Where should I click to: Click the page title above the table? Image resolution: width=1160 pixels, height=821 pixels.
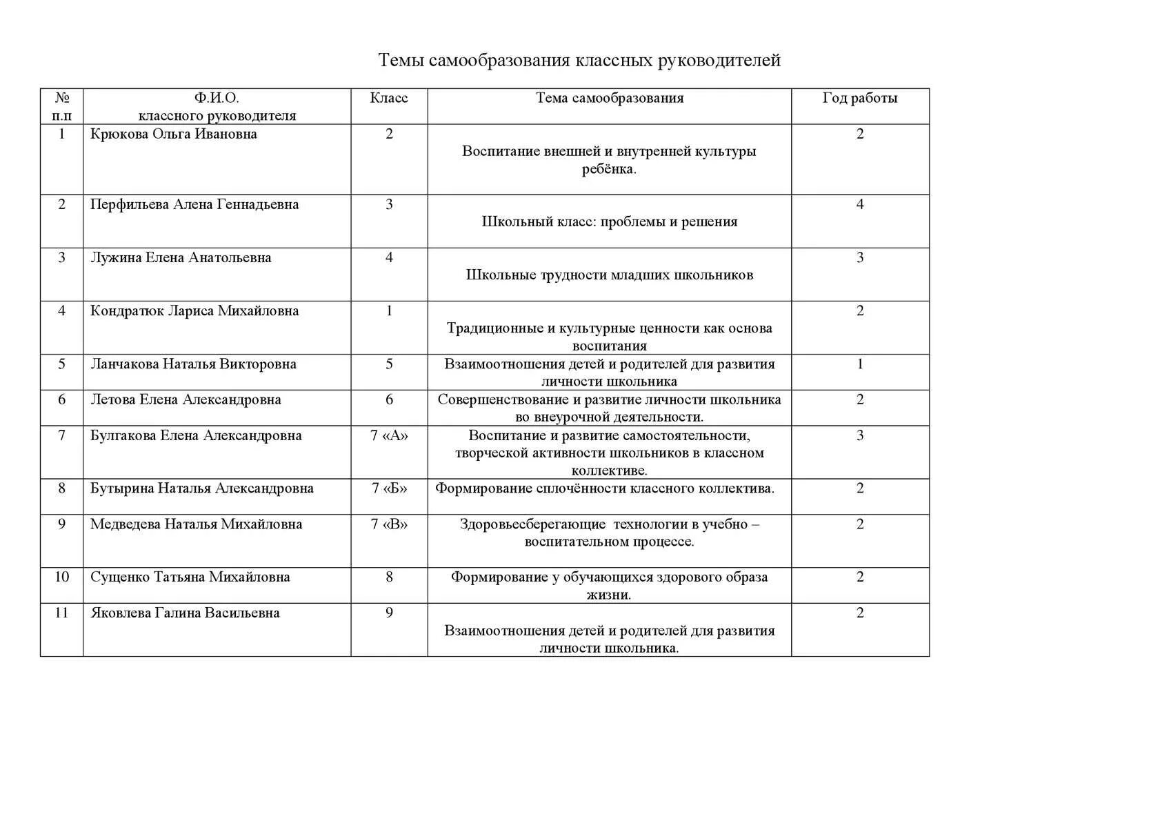pyautogui.click(x=579, y=60)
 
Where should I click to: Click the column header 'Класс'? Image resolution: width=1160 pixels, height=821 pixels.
pyautogui.click(x=389, y=98)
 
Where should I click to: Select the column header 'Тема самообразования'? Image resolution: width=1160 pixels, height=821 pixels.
pyautogui.click(x=610, y=98)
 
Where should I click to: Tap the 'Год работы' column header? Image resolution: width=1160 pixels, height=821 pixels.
pyautogui.click(x=860, y=98)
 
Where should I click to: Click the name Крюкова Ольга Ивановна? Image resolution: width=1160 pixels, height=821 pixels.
pyautogui.click(x=174, y=134)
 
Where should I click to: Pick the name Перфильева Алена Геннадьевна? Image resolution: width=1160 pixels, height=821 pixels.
pyautogui.click(x=194, y=204)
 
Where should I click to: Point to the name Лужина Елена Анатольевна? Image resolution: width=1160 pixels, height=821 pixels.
pyautogui.click(x=181, y=257)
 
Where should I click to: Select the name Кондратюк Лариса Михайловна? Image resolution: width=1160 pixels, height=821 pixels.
pyautogui.click(x=194, y=310)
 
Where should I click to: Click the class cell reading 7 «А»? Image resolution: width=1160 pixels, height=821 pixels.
pyautogui.click(x=389, y=435)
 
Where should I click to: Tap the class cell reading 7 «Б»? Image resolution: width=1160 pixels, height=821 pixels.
pyautogui.click(x=389, y=488)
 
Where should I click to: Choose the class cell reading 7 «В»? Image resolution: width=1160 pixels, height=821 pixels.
pyautogui.click(x=389, y=524)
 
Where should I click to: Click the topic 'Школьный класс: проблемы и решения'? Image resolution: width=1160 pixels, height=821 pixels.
pyautogui.click(x=610, y=221)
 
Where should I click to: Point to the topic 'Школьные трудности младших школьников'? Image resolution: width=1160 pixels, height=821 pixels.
pyautogui.click(x=610, y=275)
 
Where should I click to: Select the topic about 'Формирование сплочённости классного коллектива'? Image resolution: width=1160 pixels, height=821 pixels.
pyautogui.click(x=605, y=488)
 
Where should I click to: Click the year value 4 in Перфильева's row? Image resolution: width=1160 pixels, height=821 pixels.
pyautogui.click(x=860, y=204)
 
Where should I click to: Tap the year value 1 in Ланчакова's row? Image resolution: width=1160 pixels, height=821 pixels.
pyautogui.click(x=860, y=364)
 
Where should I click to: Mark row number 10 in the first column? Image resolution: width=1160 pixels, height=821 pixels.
pyautogui.click(x=62, y=577)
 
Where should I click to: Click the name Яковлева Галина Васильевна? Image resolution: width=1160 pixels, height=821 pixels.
pyautogui.click(x=185, y=613)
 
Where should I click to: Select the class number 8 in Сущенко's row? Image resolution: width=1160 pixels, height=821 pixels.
pyautogui.click(x=389, y=577)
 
